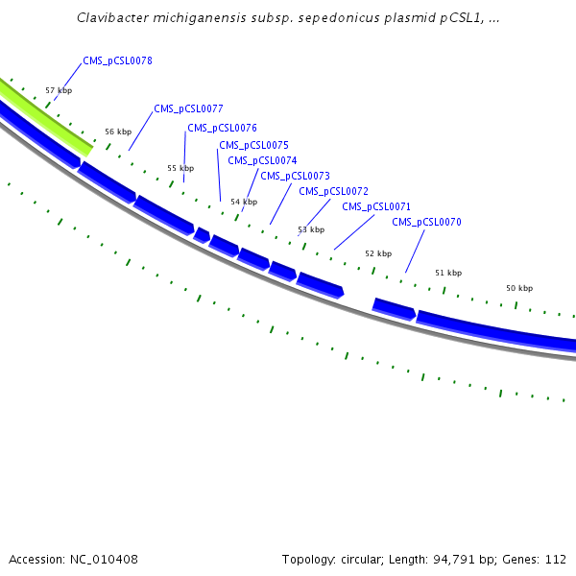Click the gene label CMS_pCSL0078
117,60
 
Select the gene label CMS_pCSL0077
188,108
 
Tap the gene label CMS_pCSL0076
222,128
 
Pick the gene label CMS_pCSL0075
253,145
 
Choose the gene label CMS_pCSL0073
295,176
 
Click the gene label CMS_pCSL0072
333,191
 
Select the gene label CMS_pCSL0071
376,206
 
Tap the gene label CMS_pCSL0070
426,222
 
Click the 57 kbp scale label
59,90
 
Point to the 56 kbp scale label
118,132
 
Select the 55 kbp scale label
180,167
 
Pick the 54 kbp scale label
244,202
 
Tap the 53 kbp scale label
311,229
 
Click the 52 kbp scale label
378,253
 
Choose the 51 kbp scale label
448,273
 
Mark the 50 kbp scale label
519,288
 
